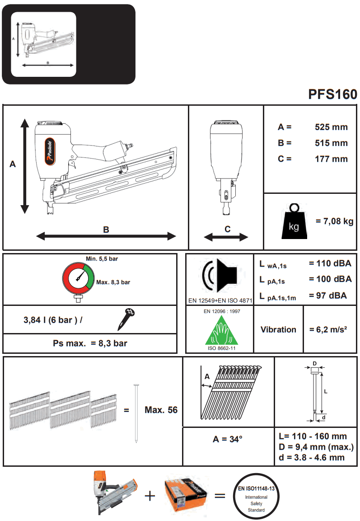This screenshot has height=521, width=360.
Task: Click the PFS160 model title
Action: (x=332, y=94)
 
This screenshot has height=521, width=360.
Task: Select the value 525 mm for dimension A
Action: (x=331, y=127)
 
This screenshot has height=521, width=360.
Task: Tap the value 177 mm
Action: (x=331, y=159)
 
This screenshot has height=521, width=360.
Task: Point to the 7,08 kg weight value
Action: (x=335, y=221)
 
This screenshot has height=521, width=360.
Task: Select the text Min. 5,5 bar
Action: (x=102, y=259)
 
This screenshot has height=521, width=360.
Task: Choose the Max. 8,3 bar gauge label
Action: (x=113, y=282)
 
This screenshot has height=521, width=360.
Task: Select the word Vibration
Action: (x=278, y=329)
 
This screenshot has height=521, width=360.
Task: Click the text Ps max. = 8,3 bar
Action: (x=90, y=343)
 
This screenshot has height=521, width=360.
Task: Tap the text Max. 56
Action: (x=161, y=410)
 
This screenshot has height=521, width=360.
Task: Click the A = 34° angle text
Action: (x=228, y=439)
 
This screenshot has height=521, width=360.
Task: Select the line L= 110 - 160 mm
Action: (x=313, y=436)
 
